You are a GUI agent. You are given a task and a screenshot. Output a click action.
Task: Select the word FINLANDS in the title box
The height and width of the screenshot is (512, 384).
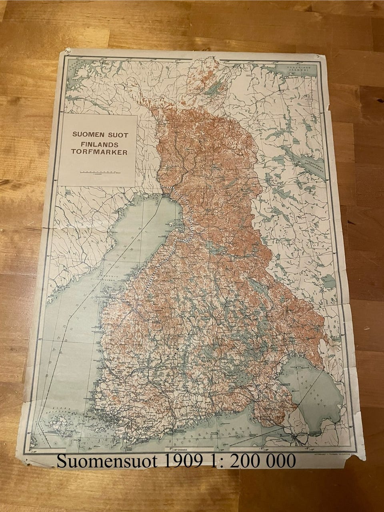point(99,144)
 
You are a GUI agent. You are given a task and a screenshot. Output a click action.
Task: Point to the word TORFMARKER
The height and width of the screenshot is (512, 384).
point(99,152)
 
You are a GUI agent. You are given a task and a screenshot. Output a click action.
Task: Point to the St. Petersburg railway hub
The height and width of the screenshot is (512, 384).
point(296,439)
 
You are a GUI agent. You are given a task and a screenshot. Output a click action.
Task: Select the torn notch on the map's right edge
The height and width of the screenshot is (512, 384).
point(329,107)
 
